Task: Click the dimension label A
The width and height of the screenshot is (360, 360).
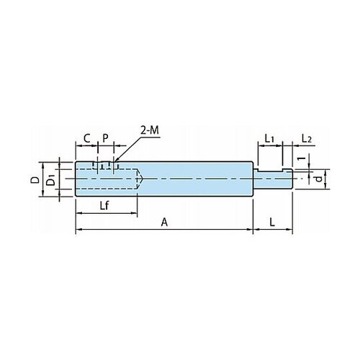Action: (x=164, y=222)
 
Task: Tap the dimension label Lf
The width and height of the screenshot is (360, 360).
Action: (x=104, y=206)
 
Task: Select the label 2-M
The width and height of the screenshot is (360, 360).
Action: (x=150, y=130)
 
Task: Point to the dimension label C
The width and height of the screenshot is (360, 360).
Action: (x=86, y=138)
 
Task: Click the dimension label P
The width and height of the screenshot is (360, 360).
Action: (x=106, y=138)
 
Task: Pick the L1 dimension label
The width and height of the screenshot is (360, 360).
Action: (x=269, y=139)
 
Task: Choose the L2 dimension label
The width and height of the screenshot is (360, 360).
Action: (x=307, y=139)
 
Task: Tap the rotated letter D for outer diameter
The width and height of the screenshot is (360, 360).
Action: (x=36, y=180)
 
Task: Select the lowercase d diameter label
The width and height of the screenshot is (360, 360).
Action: (x=318, y=179)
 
